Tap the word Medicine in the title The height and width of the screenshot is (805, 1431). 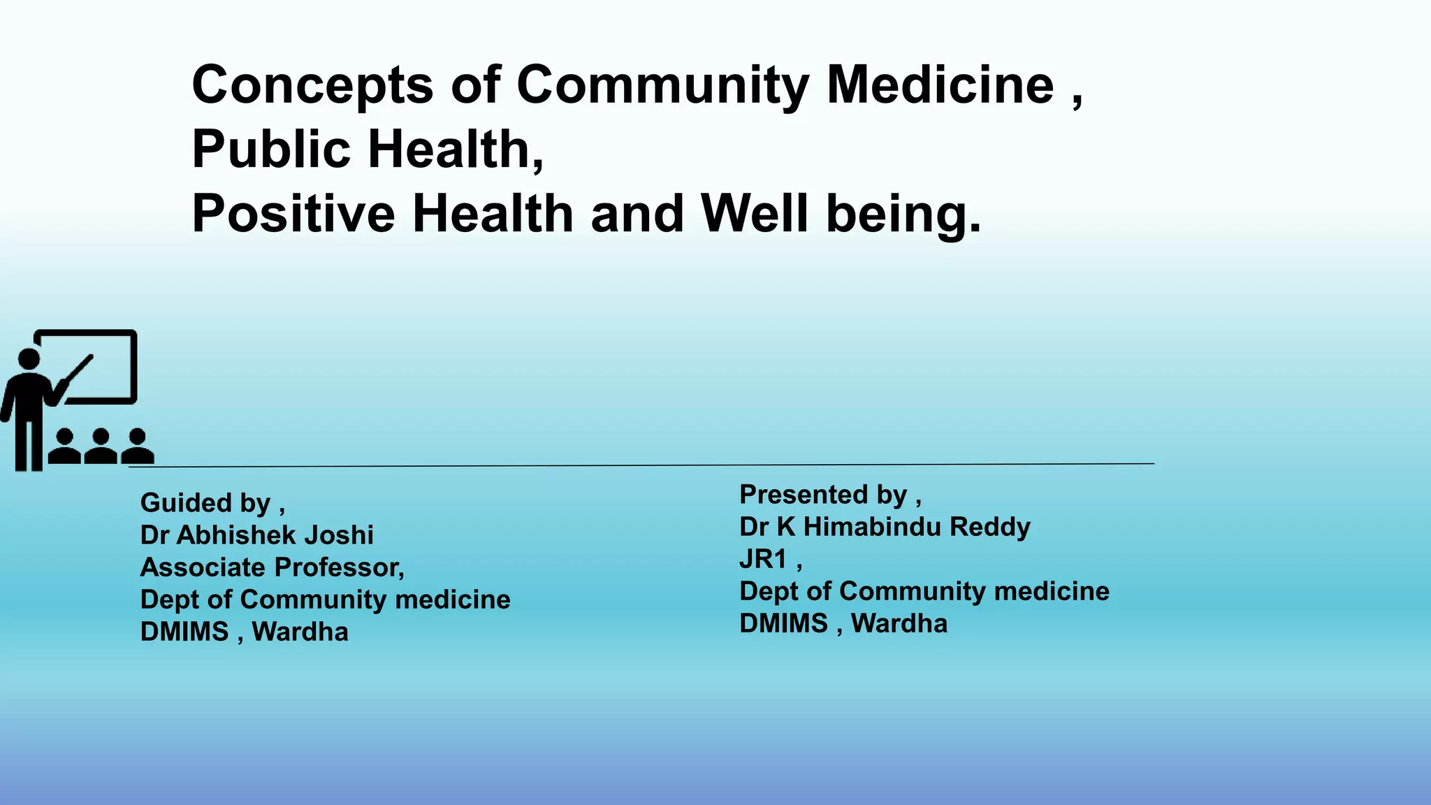[x=940, y=85]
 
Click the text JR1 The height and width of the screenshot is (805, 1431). [x=763, y=559]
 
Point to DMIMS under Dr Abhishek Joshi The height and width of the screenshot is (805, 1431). [x=184, y=632]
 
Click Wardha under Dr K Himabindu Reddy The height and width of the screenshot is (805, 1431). [x=899, y=623]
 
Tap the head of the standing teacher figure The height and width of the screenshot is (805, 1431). [x=29, y=359]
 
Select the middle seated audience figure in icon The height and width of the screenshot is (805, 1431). [x=101, y=447]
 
